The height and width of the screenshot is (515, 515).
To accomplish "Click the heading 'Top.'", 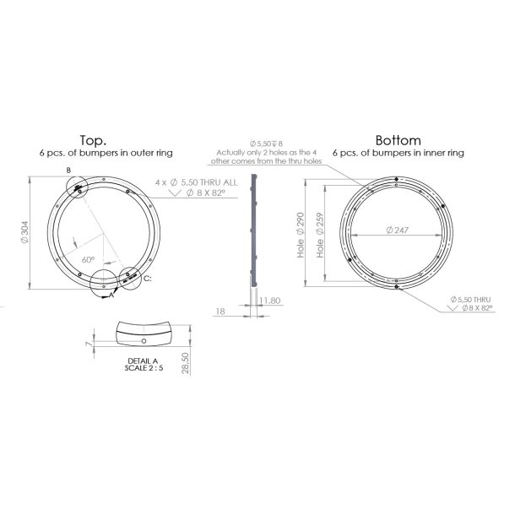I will click(92, 140).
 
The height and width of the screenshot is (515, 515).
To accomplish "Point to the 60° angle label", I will click(87, 261).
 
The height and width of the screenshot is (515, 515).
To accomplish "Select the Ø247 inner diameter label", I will click(396, 230).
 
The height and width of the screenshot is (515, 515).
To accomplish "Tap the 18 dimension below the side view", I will click(222, 311).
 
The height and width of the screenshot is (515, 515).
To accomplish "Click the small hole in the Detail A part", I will click(144, 340).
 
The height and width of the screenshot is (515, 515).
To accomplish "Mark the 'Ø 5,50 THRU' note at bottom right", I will click(474, 300).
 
